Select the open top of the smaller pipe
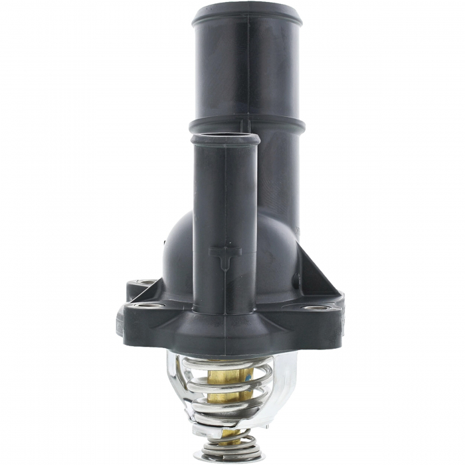225,139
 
